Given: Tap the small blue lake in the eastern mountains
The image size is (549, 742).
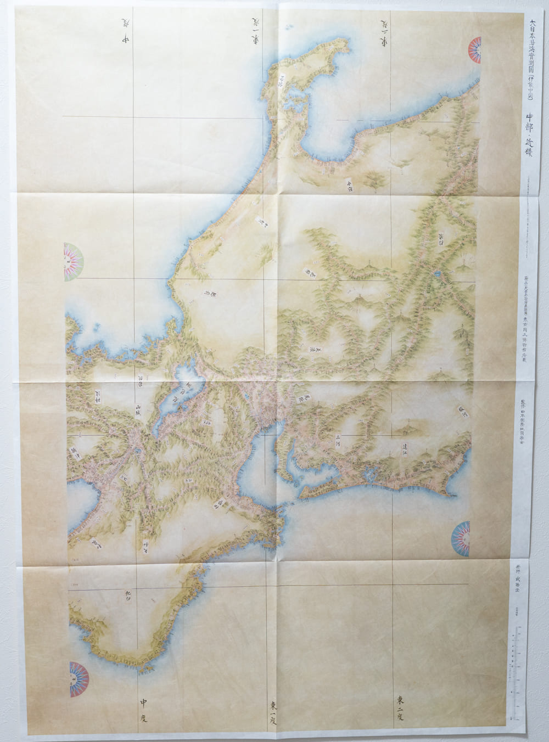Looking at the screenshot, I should (438, 273).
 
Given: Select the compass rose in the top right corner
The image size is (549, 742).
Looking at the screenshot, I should (474, 50).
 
